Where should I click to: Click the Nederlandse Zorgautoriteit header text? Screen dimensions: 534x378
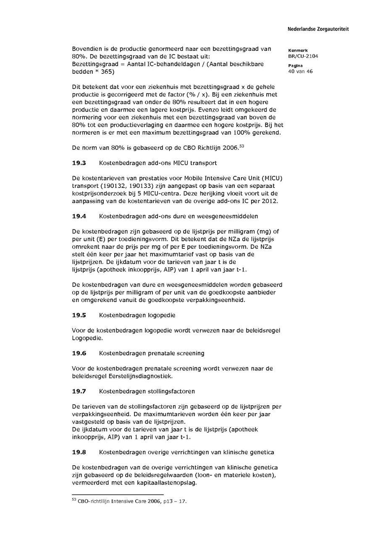(318, 29)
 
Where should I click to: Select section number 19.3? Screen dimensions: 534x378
(79, 162)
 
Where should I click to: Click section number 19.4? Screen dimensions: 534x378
(79, 216)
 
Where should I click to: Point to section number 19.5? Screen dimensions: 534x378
(79, 315)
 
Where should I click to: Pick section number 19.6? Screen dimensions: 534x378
(79, 353)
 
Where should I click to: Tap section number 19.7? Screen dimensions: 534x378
(79, 391)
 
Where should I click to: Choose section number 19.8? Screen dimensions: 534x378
(79, 452)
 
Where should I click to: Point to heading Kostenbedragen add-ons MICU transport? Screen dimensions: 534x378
(158, 162)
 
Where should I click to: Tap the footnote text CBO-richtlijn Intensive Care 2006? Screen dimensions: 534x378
(126, 500)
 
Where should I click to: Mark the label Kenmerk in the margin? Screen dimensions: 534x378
(298, 50)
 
